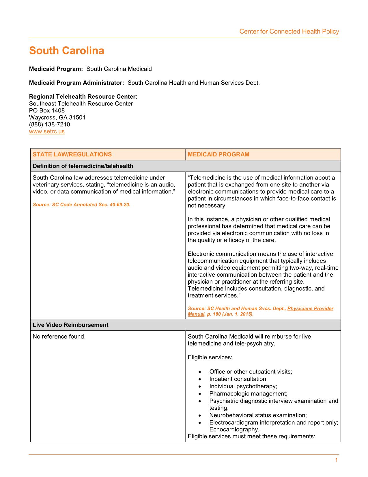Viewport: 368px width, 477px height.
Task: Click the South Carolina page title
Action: tap(67, 51)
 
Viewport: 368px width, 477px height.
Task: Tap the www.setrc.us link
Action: tap(47, 132)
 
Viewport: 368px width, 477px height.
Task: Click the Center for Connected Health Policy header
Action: tap(289, 32)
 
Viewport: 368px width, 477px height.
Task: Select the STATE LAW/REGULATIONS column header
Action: tap(72, 154)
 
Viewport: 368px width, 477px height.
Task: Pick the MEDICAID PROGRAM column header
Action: tap(218, 154)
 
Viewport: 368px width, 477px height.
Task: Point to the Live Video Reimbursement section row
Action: tap(70, 325)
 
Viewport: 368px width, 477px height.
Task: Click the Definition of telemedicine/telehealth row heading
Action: tap(83, 166)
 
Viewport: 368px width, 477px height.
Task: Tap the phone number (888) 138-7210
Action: tap(50, 125)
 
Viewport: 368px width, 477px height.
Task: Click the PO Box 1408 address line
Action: tap(47, 111)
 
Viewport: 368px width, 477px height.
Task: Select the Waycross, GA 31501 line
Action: tap(57, 118)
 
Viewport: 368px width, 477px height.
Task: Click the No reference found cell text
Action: tap(59, 337)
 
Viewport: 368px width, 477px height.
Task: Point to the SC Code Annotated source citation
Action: tap(82, 205)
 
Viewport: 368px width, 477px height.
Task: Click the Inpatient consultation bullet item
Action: tap(238, 379)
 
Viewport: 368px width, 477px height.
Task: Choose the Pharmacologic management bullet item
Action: tap(248, 393)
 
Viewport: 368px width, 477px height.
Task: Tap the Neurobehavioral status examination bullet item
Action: tap(258, 415)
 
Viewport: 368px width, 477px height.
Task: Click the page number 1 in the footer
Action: tap(336, 461)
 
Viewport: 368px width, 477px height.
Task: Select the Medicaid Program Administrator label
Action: tap(76, 83)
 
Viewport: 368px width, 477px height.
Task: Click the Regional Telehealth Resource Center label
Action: tap(83, 97)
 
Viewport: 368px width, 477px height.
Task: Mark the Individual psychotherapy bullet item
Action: tap(243, 386)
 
